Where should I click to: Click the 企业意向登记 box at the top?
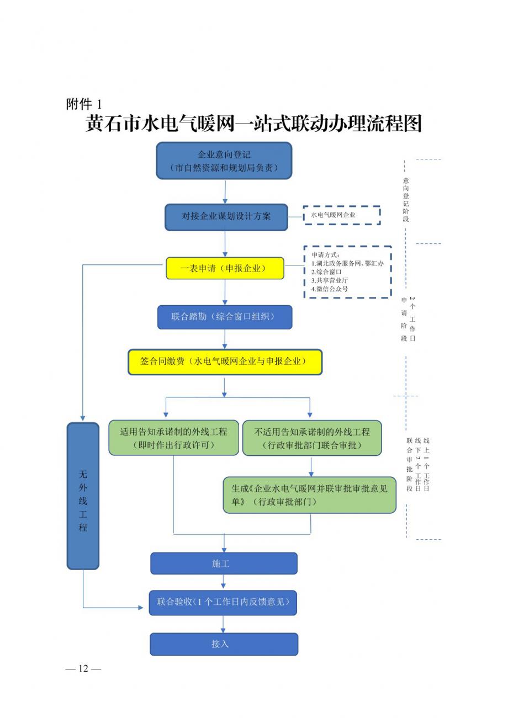224,161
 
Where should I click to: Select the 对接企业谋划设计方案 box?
226,217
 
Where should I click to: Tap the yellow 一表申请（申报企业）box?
225,269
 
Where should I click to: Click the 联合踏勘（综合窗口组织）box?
224,317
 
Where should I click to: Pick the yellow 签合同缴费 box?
225,361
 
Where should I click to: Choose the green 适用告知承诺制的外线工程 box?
173,438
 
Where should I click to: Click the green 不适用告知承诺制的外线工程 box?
312,438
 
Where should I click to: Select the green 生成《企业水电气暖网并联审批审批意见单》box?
309,494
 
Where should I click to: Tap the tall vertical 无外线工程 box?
83,495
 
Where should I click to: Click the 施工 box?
224,563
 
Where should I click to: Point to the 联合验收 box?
223,602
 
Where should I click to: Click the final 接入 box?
224,644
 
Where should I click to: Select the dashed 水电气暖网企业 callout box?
342,215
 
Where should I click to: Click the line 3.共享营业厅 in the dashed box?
330,280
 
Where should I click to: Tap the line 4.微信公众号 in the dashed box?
330,289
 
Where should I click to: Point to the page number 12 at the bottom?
83,668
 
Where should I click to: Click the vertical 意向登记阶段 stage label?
406,200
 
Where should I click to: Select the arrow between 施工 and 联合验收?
224,582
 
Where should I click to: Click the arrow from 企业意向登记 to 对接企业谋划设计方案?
225,192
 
